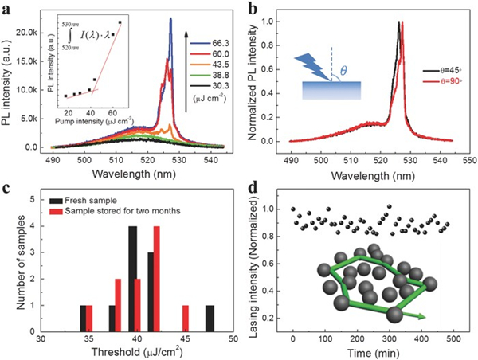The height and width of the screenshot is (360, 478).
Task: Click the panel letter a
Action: (7, 8)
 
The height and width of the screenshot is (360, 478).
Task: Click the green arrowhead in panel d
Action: (421, 317)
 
